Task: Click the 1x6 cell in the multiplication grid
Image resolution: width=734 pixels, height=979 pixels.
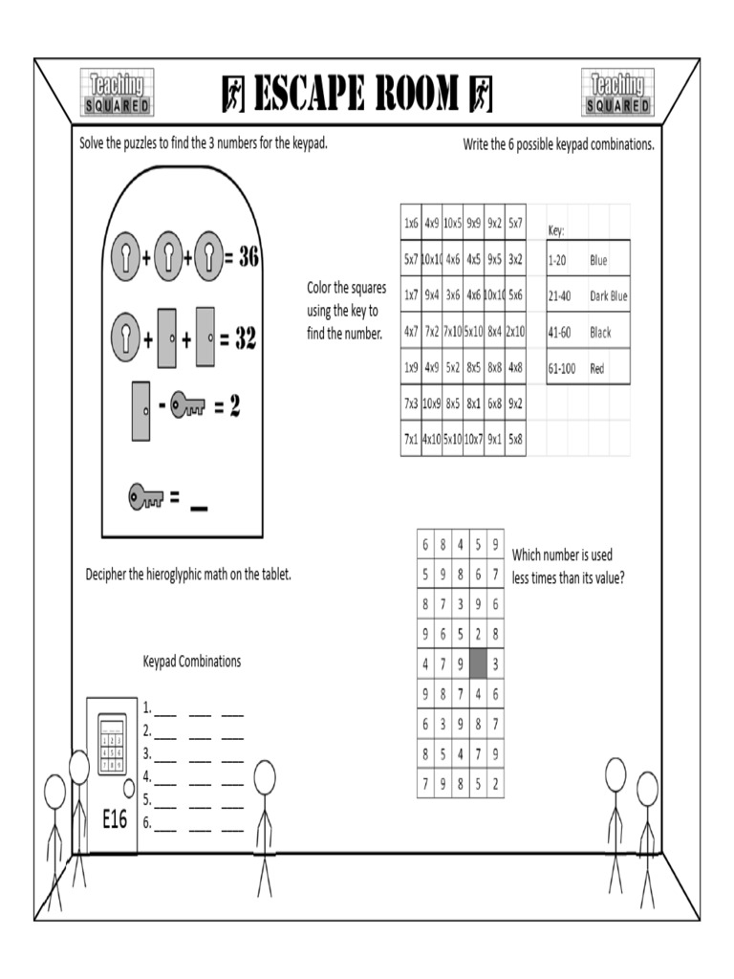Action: pyautogui.click(x=411, y=223)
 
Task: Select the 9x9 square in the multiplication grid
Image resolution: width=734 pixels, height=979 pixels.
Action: pyautogui.click(x=473, y=223)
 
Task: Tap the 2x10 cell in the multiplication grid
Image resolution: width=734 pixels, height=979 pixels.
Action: pyautogui.click(x=515, y=331)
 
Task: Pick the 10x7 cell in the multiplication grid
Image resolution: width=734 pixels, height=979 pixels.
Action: pyautogui.click(x=473, y=439)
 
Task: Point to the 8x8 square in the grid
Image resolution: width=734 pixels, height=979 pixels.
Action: pyautogui.click(x=494, y=367)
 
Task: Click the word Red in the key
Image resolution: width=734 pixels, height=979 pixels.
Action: pyautogui.click(x=597, y=368)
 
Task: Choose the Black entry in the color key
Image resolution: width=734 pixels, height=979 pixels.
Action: pyautogui.click(x=600, y=333)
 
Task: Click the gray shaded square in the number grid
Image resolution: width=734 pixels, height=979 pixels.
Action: pyautogui.click(x=478, y=663)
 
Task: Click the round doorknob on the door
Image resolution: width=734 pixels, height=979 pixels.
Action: pyautogui.click(x=129, y=789)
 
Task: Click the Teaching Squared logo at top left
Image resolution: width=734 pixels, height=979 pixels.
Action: pyautogui.click(x=117, y=93)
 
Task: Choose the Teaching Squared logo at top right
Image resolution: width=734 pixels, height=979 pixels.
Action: pyautogui.click(x=616, y=93)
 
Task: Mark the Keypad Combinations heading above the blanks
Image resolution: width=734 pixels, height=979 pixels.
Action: pyautogui.click(x=192, y=661)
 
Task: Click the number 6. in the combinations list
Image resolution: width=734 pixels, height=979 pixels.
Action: pyautogui.click(x=147, y=822)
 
